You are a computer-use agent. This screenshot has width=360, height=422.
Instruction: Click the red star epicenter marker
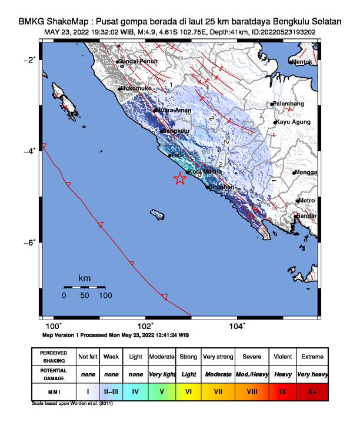(x=180, y=180)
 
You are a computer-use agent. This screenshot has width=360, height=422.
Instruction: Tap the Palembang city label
(x=289, y=104)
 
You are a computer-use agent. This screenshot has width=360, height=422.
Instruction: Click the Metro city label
(x=306, y=201)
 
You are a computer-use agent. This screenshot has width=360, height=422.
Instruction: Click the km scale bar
(x=84, y=287)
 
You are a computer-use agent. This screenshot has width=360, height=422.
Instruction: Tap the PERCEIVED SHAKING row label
(x=54, y=357)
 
